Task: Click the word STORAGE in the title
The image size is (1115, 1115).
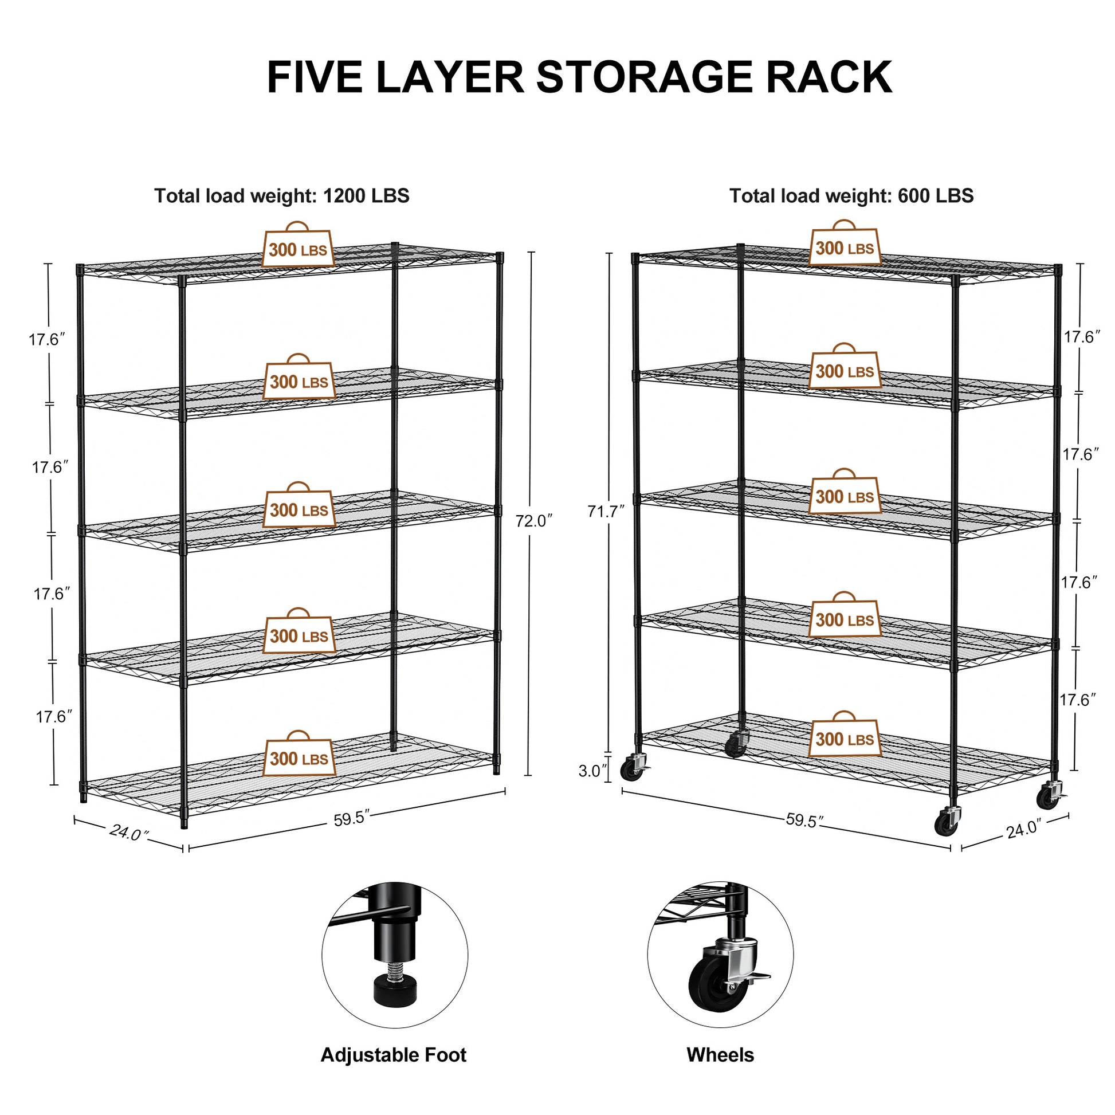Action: tap(645, 77)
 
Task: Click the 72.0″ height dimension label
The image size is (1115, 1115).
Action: tap(534, 521)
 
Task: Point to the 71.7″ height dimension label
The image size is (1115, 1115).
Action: tap(606, 511)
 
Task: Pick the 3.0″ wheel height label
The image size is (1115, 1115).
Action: tap(593, 771)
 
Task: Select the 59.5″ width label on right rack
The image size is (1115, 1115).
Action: tap(804, 820)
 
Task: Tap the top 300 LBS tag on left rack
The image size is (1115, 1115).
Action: tap(298, 249)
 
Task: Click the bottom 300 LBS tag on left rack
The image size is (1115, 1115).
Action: tap(299, 759)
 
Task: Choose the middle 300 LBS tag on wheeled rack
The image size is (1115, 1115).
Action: tap(845, 496)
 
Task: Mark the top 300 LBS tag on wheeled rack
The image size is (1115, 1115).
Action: tap(845, 248)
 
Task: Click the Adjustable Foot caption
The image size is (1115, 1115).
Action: tap(393, 1055)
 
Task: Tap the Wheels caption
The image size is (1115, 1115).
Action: tap(720, 1055)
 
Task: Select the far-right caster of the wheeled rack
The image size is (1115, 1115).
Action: tap(1049, 798)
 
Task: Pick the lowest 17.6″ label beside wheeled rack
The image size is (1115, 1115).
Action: tap(1077, 700)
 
